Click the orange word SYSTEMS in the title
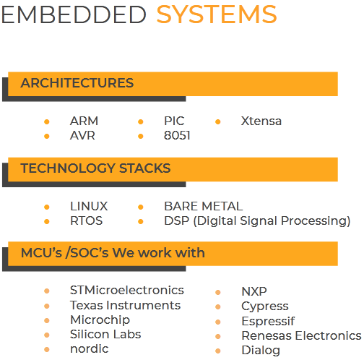pos(217,14)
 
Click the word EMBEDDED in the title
pos(74,14)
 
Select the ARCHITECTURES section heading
pos(77,83)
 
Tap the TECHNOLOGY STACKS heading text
pos(95,168)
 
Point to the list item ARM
pos(84,121)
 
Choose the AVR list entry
pos(82,135)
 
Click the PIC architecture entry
pos(174,121)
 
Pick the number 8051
pos(177,135)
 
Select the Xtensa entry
pos(261,121)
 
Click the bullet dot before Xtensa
pos(218,121)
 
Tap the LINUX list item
pos(89,206)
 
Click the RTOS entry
pos(87,220)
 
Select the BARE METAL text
pos(204,206)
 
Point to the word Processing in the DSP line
pos(316,221)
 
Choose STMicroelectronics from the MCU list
pos(127,290)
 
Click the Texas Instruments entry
pos(125,305)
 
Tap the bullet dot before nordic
pos(47,349)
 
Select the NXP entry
pos(254,291)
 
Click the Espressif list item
pos(268,321)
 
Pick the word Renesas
pos(267,335)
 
